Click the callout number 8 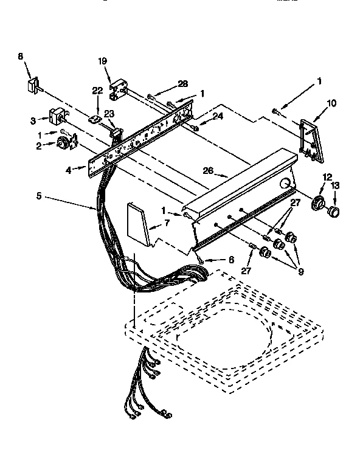21,57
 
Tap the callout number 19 102,61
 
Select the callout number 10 331,103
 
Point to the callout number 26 208,171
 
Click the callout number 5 40,196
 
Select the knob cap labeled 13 333,212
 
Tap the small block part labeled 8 32,85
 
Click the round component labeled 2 63,144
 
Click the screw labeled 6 201,261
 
